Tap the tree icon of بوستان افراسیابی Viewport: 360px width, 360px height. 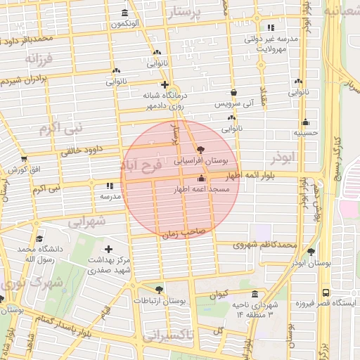click(x=202, y=150)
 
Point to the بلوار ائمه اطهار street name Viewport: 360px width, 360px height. click(x=270, y=174)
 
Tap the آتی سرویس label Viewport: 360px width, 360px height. click(x=233, y=103)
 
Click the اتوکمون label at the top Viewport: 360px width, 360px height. click(x=125, y=24)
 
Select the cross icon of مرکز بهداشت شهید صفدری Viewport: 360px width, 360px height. click(x=108, y=250)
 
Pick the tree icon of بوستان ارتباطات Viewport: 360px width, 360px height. click(x=160, y=289)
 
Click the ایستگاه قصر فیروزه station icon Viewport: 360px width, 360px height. click(x=326, y=292)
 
